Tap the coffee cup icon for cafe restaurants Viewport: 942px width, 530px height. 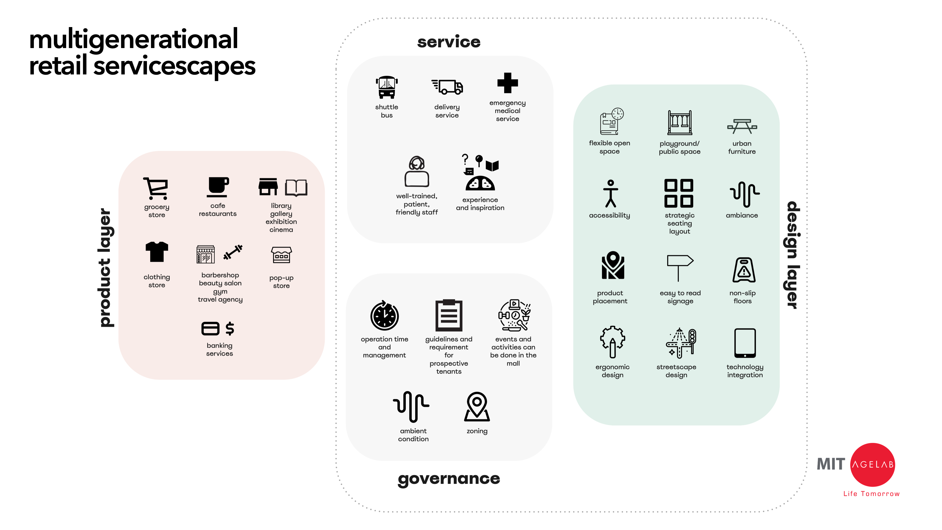click(x=218, y=187)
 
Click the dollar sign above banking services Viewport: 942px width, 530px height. click(x=230, y=328)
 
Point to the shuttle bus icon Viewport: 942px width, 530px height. click(x=386, y=87)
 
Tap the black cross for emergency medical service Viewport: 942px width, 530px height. click(x=508, y=83)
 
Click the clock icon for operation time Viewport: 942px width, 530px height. click(x=384, y=316)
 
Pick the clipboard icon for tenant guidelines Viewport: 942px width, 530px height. click(x=449, y=315)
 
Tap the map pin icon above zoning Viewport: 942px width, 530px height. click(x=477, y=406)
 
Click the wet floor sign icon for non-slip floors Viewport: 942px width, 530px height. click(x=744, y=270)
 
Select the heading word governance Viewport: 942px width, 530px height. click(x=449, y=478)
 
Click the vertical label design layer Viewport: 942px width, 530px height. click(x=793, y=255)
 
